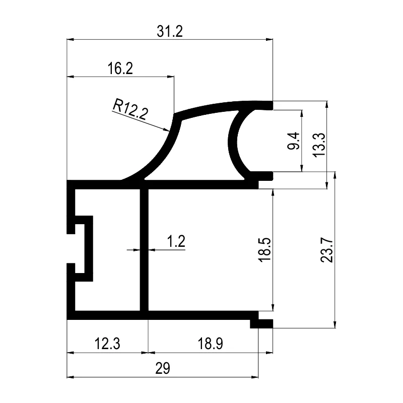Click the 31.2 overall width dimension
click(170, 31)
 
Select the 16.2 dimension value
click(120, 69)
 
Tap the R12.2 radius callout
click(130, 109)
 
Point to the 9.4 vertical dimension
click(293, 141)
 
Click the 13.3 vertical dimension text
click(319, 145)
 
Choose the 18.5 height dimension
click(264, 249)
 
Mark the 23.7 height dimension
click(326, 250)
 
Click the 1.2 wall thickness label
click(176, 241)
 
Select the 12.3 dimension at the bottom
click(107, 344)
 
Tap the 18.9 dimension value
click(210, 344)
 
